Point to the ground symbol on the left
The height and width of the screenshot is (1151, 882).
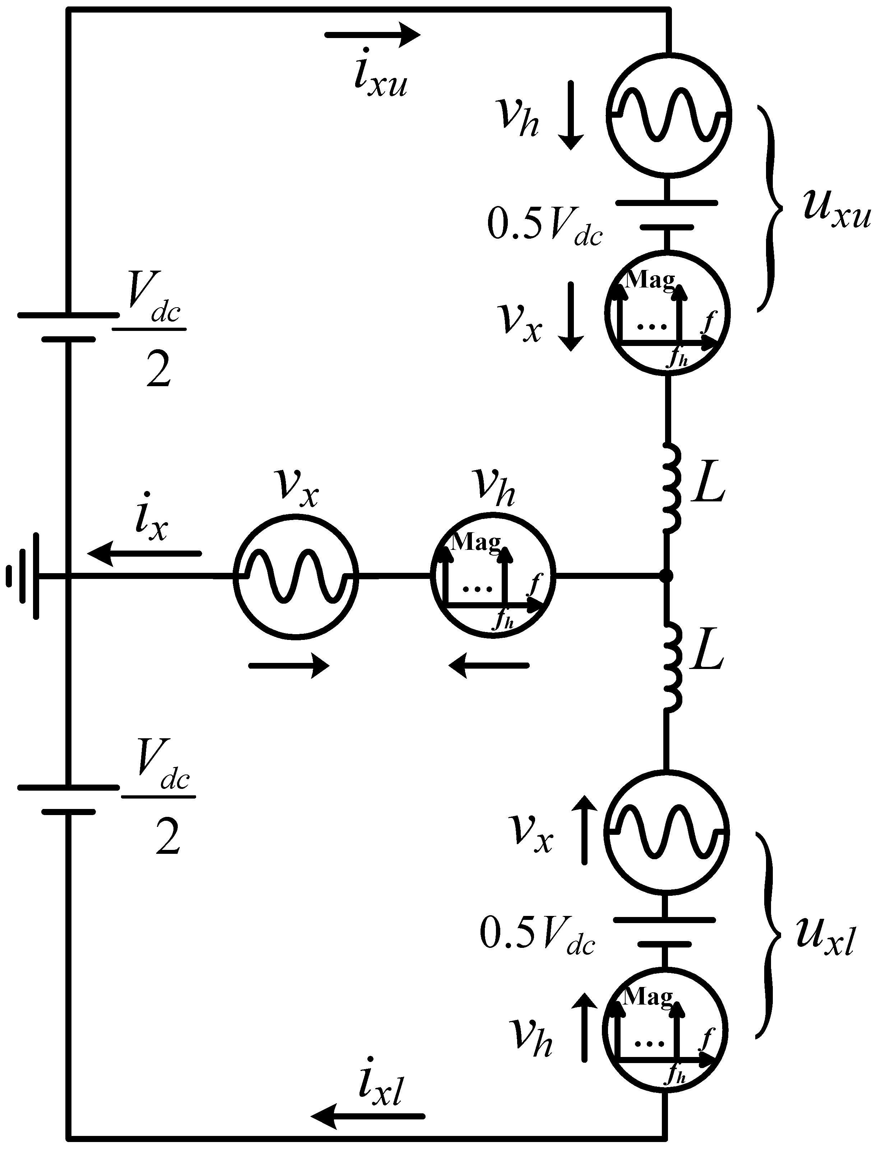[x=24, y=576]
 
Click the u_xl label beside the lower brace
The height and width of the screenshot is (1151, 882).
[x=824, y=936]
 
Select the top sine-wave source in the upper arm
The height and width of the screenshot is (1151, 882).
[x=668, y=113]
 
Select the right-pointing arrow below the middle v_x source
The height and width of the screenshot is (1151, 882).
[x=288, y=666]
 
